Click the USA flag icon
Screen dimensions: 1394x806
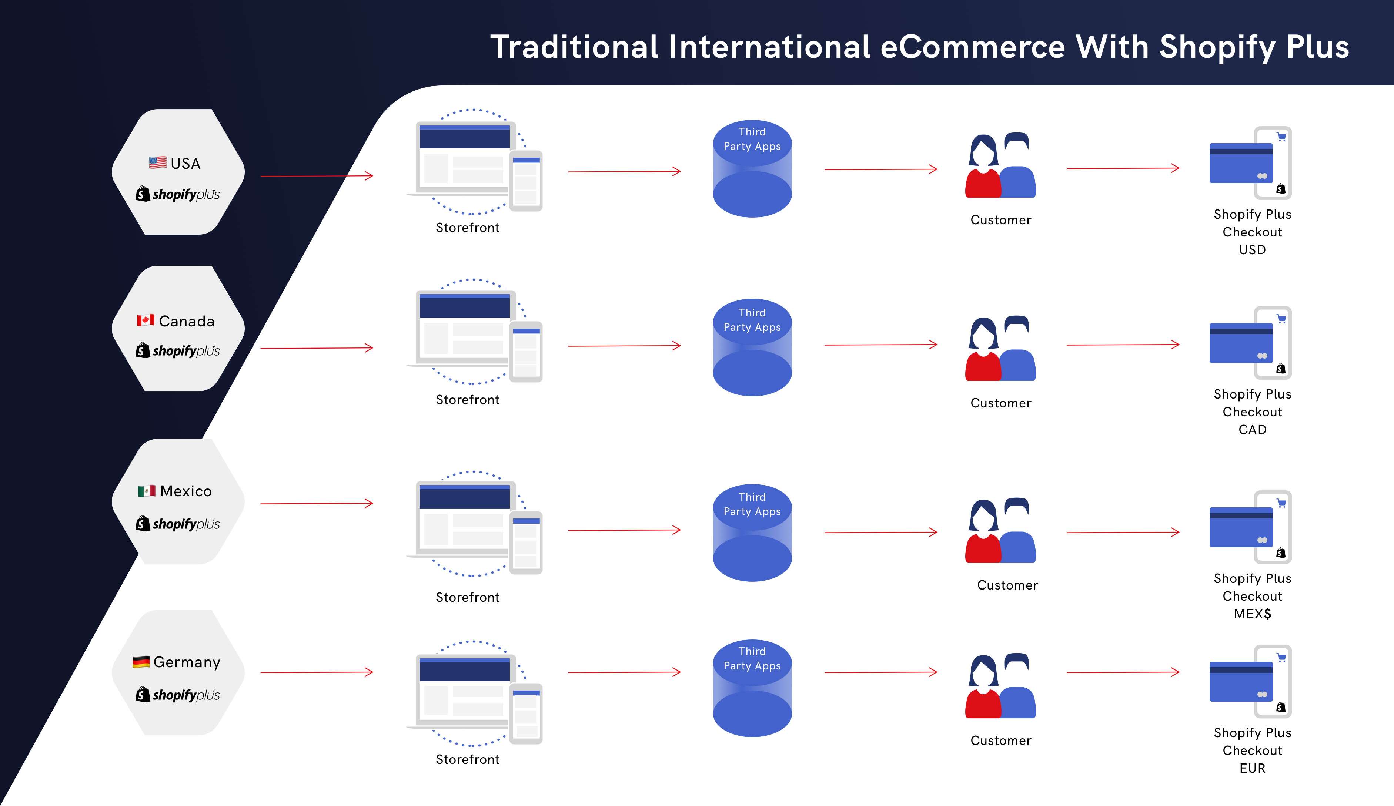tap(158, 162)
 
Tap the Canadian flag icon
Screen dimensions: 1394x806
tap(146, 320)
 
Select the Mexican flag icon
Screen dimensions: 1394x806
tap(147, 491)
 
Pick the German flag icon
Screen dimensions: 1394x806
tap(141, 662)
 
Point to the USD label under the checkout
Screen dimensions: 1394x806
tap(1253, 250)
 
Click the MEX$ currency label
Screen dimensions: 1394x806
tap(1253, 614)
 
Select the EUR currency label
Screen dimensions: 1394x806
tap(1253, 768)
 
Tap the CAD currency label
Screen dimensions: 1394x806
tap(1253, 430)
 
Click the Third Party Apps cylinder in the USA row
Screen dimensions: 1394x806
tap(752, 169)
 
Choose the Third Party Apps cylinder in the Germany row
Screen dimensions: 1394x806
tap(752, 688)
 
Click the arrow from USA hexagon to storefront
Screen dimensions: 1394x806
tap(317, 176)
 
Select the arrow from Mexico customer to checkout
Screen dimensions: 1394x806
tap(1123, 533)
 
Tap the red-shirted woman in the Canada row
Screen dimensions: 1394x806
tap(983, 350)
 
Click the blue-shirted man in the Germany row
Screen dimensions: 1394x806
tap(1018, 687)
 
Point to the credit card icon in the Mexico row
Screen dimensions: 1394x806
tap(1241, 527)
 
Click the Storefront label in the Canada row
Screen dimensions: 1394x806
tap(467, 400)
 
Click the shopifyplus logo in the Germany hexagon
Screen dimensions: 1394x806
tap(178, 695)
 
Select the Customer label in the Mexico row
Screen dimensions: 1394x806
tap(1007, 585)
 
